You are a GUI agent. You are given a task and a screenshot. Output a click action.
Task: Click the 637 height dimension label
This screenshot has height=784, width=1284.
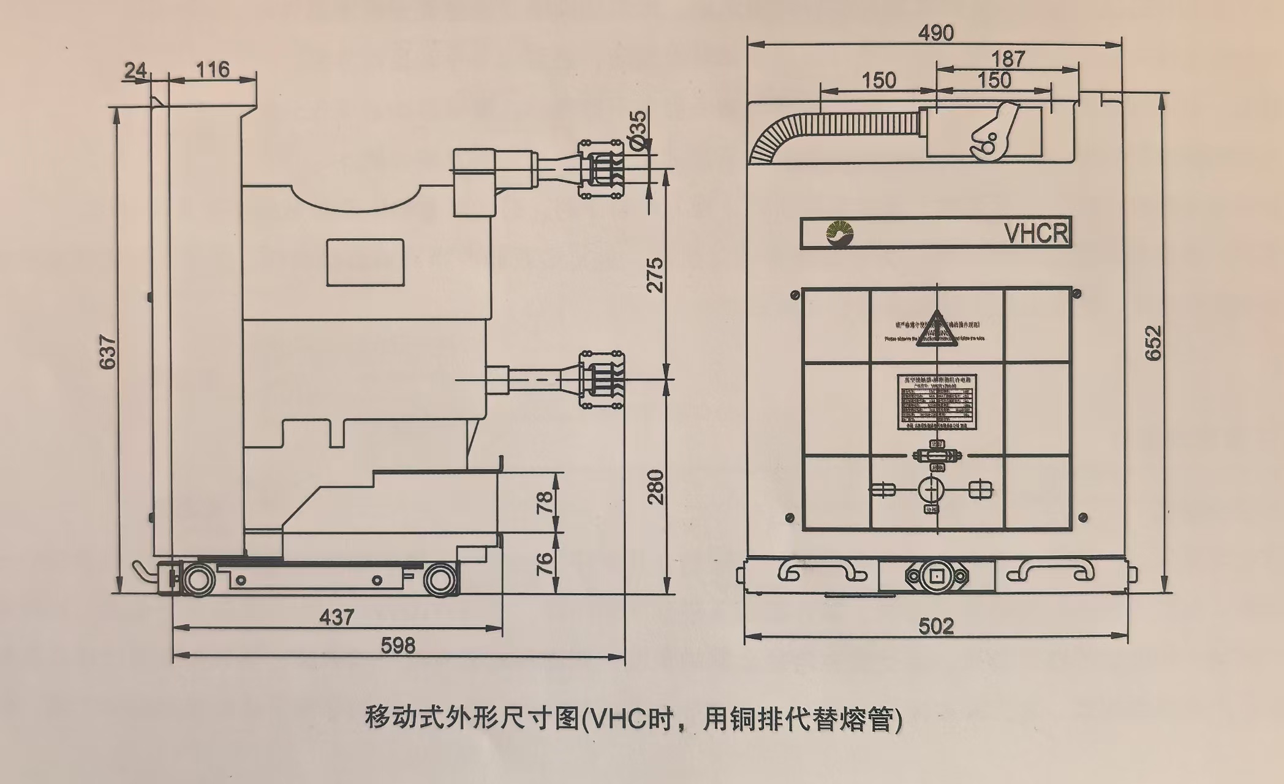click(108, 351)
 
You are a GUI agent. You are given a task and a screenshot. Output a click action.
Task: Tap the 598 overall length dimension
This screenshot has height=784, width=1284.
click(398, 645)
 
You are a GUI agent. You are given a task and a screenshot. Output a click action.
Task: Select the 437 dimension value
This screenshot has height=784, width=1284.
click(337, 616)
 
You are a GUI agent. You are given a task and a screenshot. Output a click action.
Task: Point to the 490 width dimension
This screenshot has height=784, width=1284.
click(935, 32)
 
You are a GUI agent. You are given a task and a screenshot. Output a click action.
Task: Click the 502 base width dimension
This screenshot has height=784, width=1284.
click(936, 626)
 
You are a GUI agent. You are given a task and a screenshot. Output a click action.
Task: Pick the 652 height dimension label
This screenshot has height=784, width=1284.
click(1152, 343)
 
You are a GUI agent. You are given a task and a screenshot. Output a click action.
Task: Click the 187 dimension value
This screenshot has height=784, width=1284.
click(1008, 59)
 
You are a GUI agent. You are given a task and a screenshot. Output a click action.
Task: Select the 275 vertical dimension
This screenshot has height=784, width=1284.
click(655, 275)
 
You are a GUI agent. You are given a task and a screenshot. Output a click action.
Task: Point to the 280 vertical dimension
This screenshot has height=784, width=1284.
click(655, 487)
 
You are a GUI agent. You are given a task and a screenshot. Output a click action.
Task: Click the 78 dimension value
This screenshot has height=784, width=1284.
click(545, 502)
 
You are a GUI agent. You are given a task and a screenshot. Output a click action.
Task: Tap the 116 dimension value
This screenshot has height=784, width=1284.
click(213, 69)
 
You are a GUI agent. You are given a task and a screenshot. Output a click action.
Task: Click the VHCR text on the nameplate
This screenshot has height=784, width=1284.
click(1037, 233)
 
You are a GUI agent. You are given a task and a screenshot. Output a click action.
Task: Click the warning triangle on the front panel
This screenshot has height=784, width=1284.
click(935, 329)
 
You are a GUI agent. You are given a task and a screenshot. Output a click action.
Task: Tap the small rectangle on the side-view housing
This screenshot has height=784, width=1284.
click(365, 263)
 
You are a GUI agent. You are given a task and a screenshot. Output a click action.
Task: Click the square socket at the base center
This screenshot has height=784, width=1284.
click(937, 576)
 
